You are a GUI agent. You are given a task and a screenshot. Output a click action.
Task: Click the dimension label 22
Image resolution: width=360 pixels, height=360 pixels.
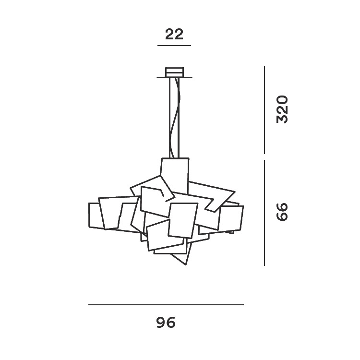point(174,34)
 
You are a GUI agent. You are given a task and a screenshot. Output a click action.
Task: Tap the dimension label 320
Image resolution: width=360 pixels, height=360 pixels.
point(282,109)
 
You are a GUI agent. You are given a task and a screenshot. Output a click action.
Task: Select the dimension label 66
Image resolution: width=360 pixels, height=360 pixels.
point(282,212)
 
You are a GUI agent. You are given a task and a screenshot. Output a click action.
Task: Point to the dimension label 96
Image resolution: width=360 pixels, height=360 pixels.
point(166,323)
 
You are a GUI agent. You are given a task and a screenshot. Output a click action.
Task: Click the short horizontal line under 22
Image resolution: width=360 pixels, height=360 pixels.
point(174,46)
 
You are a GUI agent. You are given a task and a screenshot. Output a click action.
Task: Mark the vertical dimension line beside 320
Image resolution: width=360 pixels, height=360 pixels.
point(264,110)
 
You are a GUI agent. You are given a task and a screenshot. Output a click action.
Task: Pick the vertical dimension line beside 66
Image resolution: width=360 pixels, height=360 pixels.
point(264,213)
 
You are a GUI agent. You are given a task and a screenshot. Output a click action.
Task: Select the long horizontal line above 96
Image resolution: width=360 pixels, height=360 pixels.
point(166,305)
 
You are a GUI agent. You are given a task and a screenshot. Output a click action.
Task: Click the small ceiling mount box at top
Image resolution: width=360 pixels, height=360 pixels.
point(175,72)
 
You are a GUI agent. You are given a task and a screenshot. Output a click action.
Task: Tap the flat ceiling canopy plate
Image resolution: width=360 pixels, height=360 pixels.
point(175,77)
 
